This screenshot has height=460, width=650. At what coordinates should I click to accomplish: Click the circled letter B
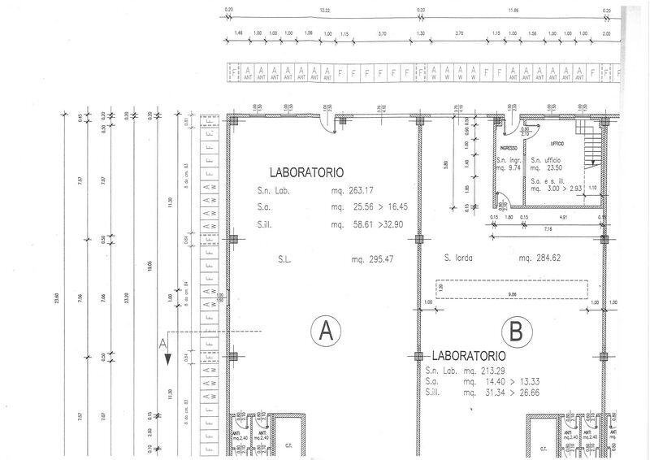(x=515, y=331)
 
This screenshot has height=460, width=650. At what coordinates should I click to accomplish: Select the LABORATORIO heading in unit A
(x=307, y=172)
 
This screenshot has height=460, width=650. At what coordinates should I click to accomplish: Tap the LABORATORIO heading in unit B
(x=469, y=356)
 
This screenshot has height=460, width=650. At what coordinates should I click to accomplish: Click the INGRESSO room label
(x=509, y=148)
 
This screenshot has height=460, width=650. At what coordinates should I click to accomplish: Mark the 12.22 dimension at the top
(x=324, y=10)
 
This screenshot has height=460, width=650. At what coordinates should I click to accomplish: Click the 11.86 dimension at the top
(x=513, y=10)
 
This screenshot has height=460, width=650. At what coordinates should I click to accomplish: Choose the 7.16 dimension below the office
(x=548, y=229)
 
